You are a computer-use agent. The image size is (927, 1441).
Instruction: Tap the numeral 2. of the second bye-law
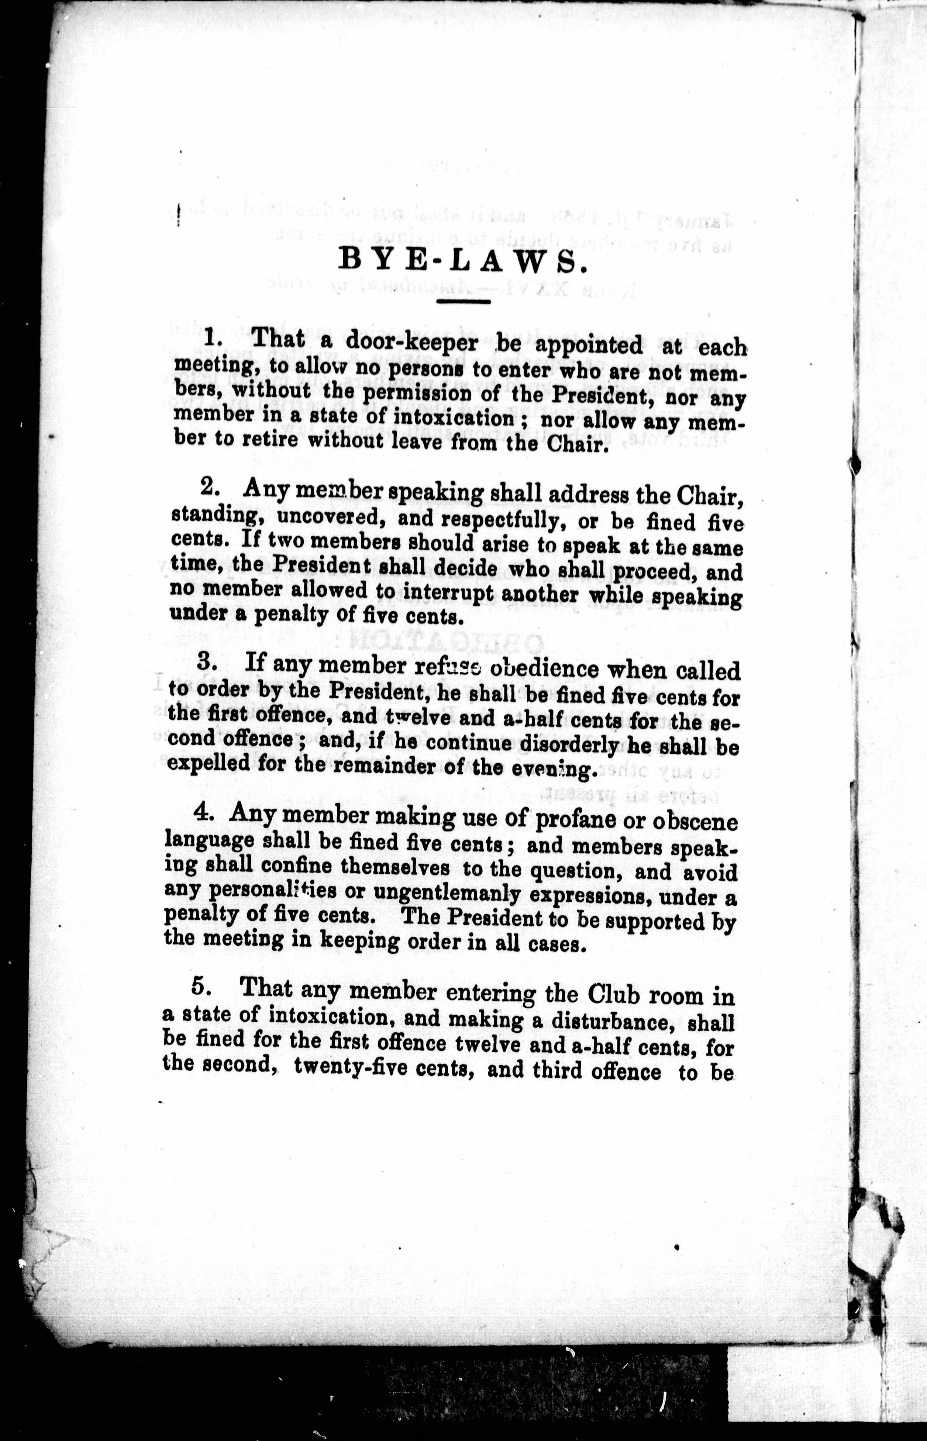210,486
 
